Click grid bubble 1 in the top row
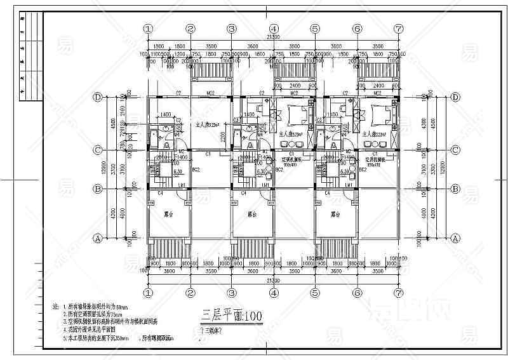tap(149, 29)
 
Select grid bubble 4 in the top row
tap(274, 29)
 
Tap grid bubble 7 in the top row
tap(398, 29)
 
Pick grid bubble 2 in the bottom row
tap(190, 293)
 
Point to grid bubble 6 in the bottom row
tap(357, 293)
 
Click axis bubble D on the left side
tap(98, 98)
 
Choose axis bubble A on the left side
tap(98, 239)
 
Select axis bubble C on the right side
tap(455, 150)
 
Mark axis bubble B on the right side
tap(455, 189)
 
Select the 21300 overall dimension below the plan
tap(273, 280)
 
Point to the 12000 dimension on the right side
tap(439, 169)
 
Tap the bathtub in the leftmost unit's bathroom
tap(153, 137)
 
